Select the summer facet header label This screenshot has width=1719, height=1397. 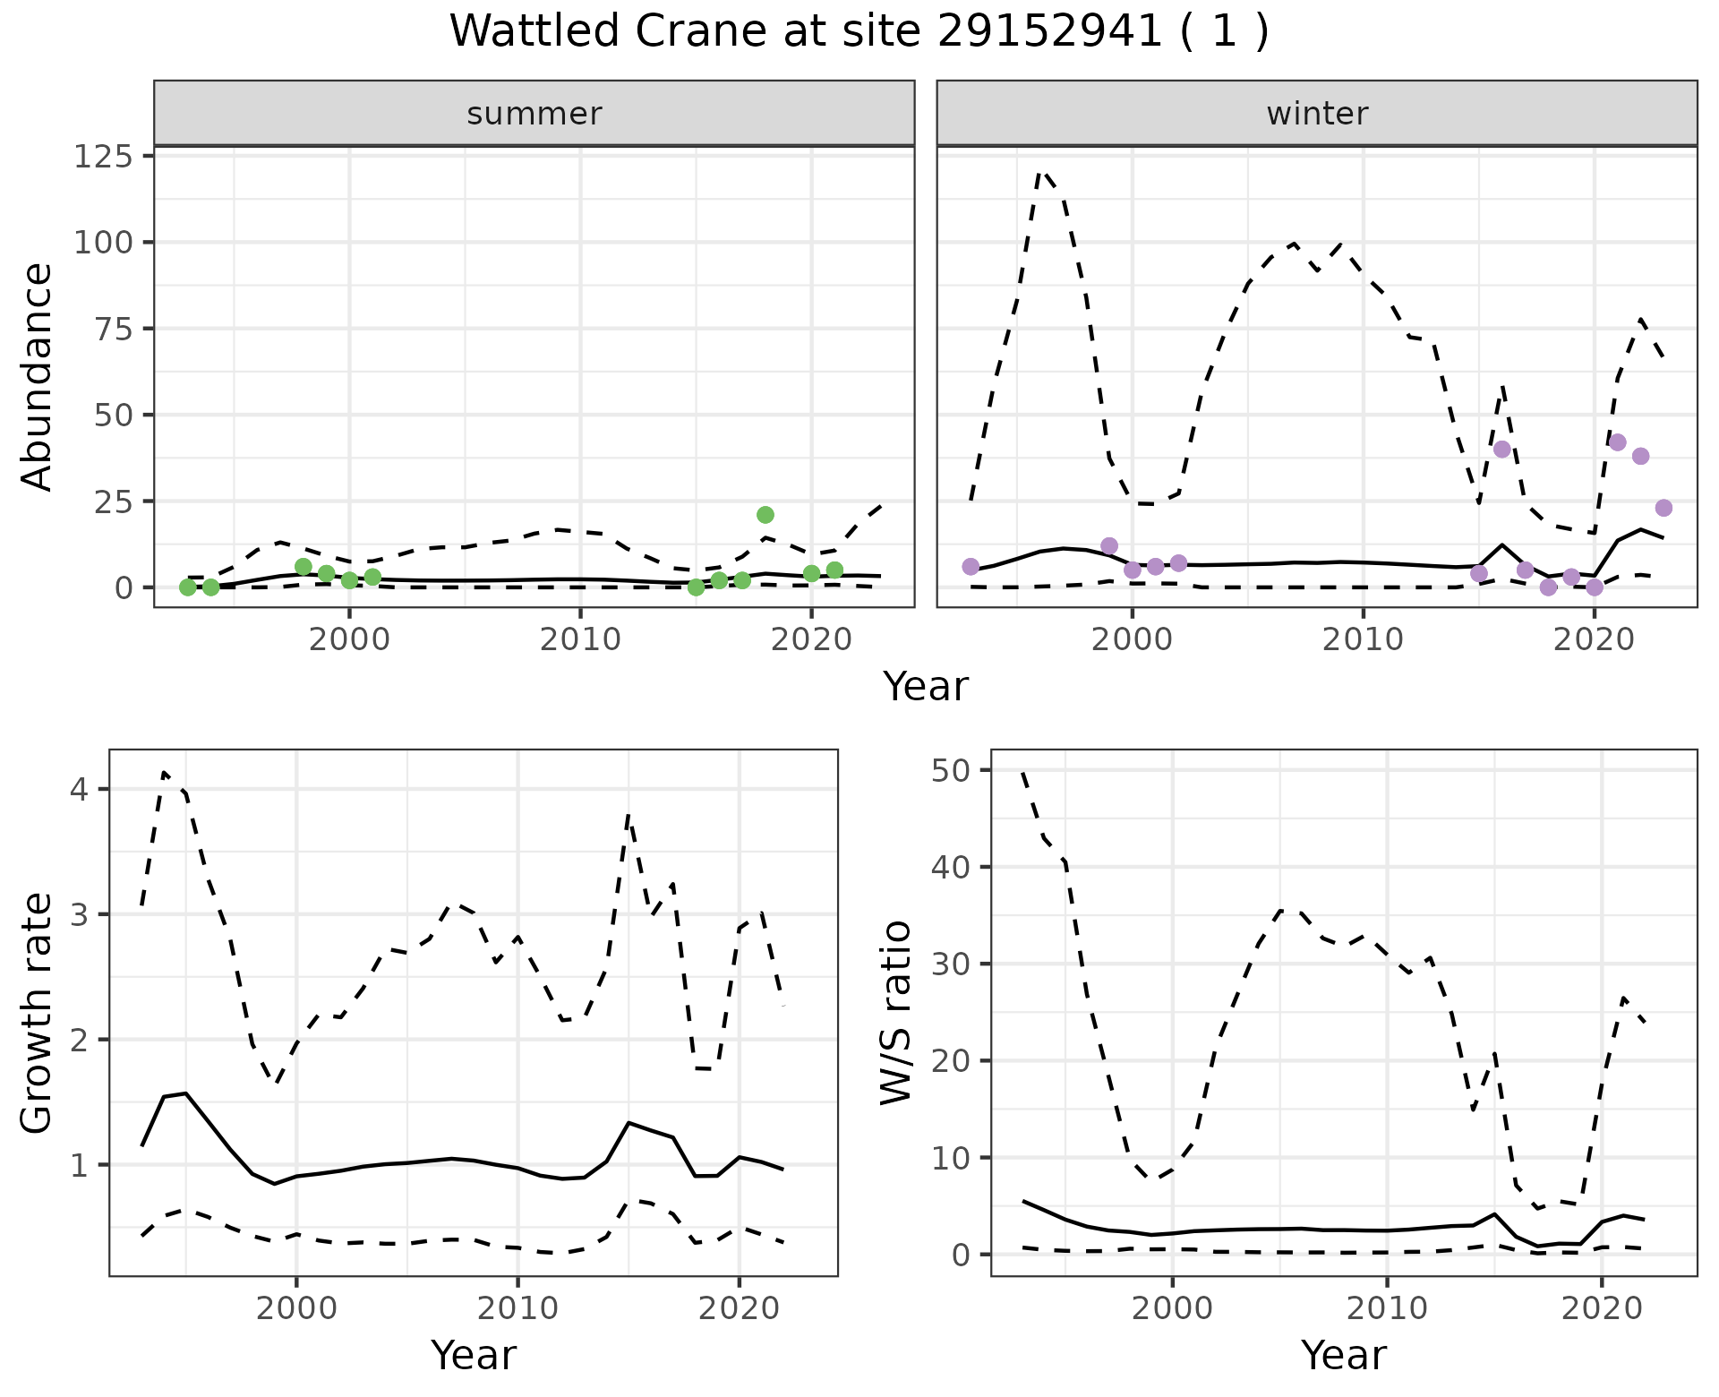coord(535,114)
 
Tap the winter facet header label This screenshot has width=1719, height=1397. coord(1317,114)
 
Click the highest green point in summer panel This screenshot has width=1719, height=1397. coord(765,515)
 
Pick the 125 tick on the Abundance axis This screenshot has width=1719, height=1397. coord(102,157)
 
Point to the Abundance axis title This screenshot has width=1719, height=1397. coord(38,377)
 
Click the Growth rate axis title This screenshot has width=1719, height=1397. coord(38,1013)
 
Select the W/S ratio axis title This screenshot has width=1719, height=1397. coord(896,1013)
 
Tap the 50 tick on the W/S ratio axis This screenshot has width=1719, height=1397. coord(952,770)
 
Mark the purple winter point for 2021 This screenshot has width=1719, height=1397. coord(1617,442)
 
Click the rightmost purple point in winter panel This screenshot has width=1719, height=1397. coord(1663,509)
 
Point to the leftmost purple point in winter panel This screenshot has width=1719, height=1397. coord(971,567)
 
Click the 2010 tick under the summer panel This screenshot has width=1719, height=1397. coord(580,640)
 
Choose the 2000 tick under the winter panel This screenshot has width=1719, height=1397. coord(1133,640)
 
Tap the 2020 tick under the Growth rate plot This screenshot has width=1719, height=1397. coord(739,1308)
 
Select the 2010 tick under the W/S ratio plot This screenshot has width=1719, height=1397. coord(1387,1308)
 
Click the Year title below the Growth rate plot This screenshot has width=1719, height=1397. coord(474,1355)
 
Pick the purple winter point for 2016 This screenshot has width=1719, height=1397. coord(1502,450)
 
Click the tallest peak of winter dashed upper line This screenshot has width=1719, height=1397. coord(1040,172)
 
